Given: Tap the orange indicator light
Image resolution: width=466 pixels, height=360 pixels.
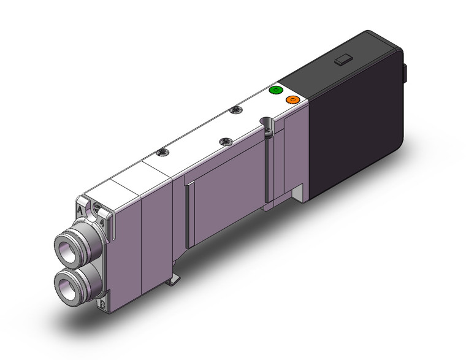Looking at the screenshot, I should coord(292,99).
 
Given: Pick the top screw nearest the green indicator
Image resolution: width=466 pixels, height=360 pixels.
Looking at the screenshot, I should coord(234,111).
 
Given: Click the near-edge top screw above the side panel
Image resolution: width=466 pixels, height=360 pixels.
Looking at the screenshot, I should coord(223,141).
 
